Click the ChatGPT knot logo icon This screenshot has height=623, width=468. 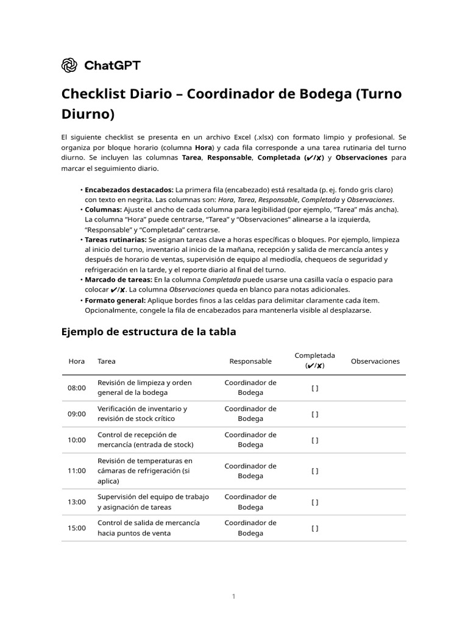pos(69,65)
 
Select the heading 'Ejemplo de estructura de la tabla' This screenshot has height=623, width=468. pos(148,332)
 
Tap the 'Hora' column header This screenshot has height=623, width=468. pos(77,361)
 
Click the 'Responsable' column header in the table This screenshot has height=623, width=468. pos(250,361)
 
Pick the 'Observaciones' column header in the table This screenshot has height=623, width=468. pos(375,361)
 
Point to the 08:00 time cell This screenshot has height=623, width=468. pos(77,388)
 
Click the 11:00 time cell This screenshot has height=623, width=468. pos(77,471)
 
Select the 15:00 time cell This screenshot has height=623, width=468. pos(77,528)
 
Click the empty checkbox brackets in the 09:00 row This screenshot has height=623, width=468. pos(314,414)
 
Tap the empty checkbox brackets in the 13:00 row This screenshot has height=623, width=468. pos(314,503)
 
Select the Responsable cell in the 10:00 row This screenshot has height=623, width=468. pos(250,440)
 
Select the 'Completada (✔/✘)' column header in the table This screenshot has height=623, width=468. pos(314,361)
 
